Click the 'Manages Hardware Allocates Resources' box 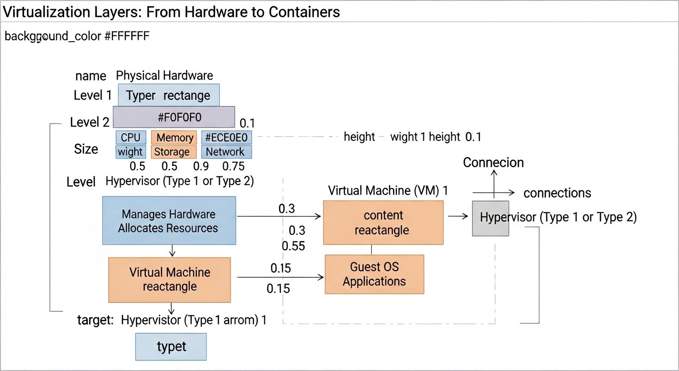169,221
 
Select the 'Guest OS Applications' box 374,274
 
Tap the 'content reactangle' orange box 383,223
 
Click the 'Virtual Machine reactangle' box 169,279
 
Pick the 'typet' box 171,346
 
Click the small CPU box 130,138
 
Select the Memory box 174,138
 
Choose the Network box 226,152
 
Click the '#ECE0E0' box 226,138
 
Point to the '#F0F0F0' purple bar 174,117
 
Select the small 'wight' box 130,152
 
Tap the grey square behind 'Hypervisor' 490,218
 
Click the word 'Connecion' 493,163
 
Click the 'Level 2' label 90,122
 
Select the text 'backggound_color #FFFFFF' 77,36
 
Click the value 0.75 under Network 233,166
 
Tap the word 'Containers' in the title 304,12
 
